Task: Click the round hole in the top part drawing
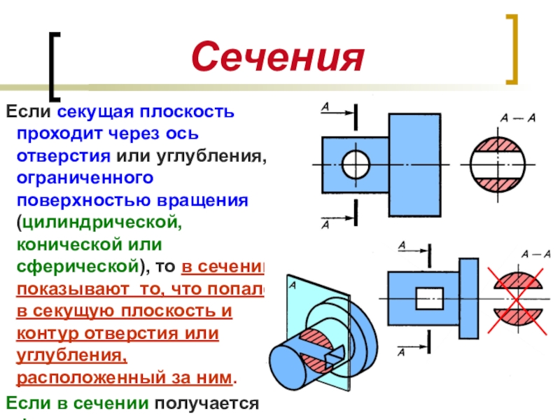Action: tap(355, 164)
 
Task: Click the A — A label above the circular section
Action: tap(517, 118)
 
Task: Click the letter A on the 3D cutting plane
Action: tap(293, 286)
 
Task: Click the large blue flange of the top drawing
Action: tap(414, 164)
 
